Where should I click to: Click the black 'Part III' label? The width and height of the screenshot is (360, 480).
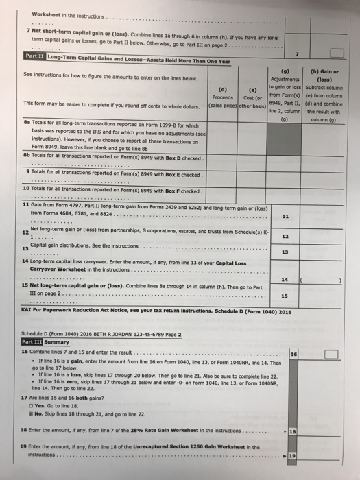tap(32, 341)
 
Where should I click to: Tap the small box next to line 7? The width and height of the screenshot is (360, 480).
tap(337, 53)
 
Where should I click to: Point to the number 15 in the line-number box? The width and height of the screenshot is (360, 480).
tap(284, 296)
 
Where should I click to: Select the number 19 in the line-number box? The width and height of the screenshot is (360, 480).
tap(291, 455)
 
